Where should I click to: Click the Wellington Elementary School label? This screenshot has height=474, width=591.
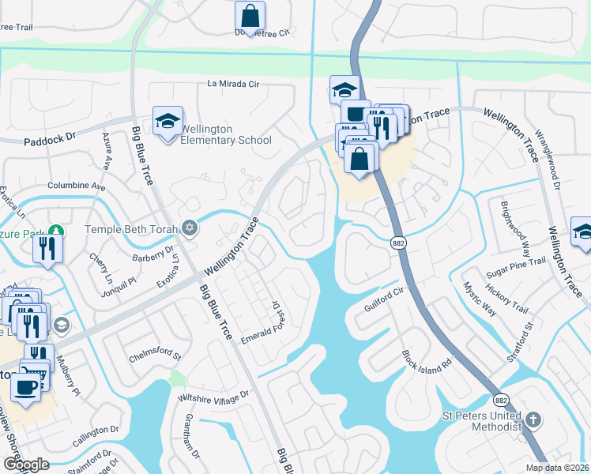point(226,134)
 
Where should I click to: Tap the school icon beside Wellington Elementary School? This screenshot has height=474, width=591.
point(168,122)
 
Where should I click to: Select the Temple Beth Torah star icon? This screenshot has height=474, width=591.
point(189,228)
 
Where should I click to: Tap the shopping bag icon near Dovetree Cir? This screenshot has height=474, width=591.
point(250,16)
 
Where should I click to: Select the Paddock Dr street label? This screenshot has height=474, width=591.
point(49,137)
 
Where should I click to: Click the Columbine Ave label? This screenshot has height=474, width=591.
point(77,186)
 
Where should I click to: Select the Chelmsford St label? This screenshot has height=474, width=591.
point(155,357)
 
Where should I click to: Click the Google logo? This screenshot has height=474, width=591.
point(26,465)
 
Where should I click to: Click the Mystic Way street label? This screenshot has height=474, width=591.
point(480,299)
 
